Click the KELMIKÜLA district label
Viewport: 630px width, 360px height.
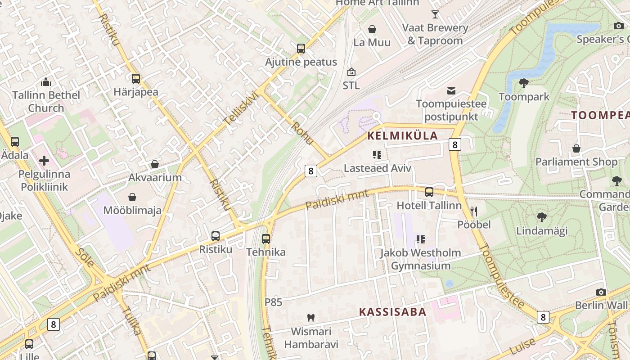[x=402, y=135]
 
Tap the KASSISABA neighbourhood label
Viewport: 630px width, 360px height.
[x=392, y=312]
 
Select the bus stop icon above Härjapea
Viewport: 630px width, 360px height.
[x=136, y=79]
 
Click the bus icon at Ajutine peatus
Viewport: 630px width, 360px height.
[x=301, y=49]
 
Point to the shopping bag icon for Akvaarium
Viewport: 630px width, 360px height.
[x=155, y=164]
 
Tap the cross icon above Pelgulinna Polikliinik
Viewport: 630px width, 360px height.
[x=44, y=161]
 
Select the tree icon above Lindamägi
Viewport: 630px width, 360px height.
[x=542, y=217]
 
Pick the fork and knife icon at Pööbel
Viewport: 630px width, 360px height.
[x=473, y=211]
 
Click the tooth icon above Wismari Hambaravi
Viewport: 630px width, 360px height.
[x=310, y=318]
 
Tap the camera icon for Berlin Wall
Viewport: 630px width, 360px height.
[x=601, y=292]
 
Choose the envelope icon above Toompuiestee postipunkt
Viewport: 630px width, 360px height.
[x=451, y=91]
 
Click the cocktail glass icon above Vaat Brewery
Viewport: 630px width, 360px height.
[x=435, y=14]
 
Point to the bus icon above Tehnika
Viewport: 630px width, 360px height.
[x=266, y=238]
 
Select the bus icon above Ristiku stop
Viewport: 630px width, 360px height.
[x=216, y=236]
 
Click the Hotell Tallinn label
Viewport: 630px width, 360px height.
[x=429, y=206]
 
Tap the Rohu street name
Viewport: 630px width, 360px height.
[x=302, y=133]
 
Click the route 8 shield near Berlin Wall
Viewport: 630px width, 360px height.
[x=543, y=317]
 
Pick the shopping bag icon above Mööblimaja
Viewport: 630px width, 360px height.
[x=132, y=197]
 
